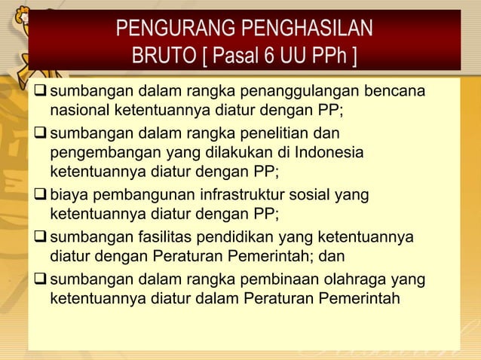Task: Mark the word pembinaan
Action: pyautogui.click(x=277, y=281)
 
